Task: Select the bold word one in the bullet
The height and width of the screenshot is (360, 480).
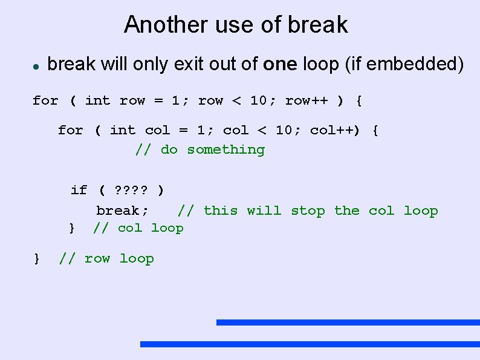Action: point(280,64)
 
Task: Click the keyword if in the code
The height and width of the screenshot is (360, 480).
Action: point(79,191)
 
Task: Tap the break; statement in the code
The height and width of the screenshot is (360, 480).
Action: point(122,211)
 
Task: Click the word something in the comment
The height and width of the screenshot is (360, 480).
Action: point(225,149)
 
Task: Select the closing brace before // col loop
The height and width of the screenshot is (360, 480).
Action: point(72,228)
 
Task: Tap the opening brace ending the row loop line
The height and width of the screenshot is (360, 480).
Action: point(360,100)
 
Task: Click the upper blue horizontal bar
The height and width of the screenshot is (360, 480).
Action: point(348,322)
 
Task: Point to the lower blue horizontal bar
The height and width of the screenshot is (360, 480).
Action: point(310,344)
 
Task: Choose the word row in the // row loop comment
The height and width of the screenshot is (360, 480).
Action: point(97,259)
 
